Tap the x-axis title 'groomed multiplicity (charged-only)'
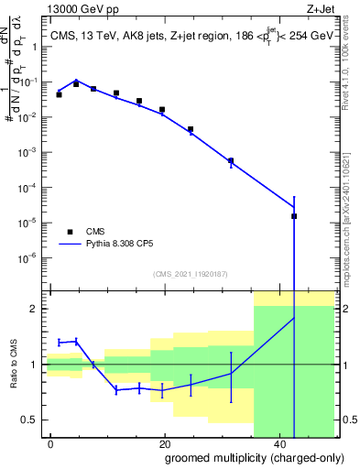pyautogui.click(x=241, y=456)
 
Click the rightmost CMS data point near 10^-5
pyautogui.click(x=294, y=216)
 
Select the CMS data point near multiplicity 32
pyautogui.click(x=231, y=160)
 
